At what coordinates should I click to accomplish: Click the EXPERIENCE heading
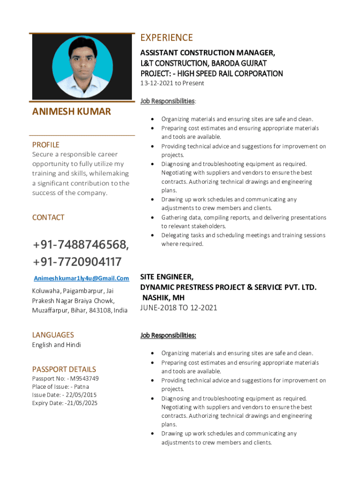click(166, 38)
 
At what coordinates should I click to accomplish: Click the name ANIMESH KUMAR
click(72, 111)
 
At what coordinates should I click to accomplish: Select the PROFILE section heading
click(46, 145)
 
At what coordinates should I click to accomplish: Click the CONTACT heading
click(48, 218)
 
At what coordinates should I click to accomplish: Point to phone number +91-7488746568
click(80, 245)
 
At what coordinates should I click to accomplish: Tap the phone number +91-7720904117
click(77, 261)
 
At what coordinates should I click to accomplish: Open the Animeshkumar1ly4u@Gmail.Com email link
click(81, 278)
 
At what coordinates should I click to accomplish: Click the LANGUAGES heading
click(53, 335)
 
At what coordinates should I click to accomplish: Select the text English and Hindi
click(56, 345)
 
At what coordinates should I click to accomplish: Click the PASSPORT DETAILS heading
click(64, 369)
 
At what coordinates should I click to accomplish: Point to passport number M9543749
click(85, 378)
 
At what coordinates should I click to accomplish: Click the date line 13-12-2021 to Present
click(173, 83)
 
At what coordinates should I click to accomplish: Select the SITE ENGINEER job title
click(167, 277)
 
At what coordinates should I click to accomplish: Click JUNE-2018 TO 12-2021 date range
click(179, 308)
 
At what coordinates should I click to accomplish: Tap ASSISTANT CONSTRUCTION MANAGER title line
click(208, 52)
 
